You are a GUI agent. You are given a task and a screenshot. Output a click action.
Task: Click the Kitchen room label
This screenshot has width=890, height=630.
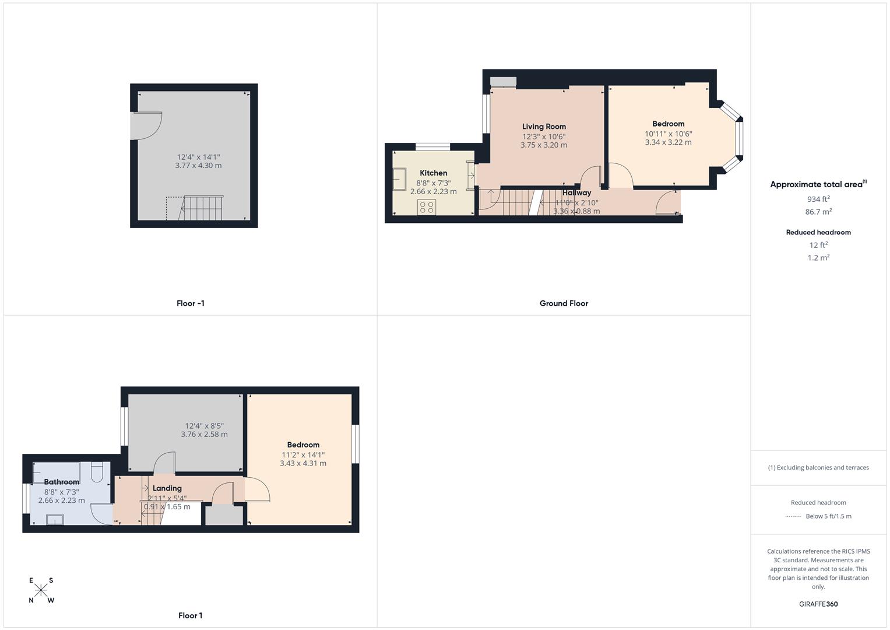point(433,173)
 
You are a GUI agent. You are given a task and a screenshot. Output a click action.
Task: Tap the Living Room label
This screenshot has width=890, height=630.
point(543,127)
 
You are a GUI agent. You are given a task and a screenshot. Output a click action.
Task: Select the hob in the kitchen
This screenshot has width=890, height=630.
point(426,206)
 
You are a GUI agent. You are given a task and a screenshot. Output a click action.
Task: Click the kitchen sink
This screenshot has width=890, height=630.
point(400,178)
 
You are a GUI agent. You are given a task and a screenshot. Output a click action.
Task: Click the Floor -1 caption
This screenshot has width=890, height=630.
point(190,303)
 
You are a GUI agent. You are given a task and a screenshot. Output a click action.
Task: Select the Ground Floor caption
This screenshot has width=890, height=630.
point(563,303)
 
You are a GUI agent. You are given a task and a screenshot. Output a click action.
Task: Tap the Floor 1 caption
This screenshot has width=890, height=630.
point(190,615)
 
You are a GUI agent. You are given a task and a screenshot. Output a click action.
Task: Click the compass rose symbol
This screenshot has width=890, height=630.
point(41,590)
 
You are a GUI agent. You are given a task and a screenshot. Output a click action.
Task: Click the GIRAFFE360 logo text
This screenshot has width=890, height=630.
point(818,604)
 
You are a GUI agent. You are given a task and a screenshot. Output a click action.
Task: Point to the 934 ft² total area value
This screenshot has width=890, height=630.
point(818,199)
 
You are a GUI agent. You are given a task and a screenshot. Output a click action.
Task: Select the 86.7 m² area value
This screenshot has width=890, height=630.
point(818,212)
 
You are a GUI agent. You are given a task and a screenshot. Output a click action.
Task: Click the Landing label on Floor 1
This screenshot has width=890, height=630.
point(167,488)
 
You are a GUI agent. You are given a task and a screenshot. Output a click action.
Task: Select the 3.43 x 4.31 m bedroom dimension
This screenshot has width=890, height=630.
point(302,463)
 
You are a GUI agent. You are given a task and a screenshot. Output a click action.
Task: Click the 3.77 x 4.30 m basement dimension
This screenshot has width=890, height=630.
point(198,166)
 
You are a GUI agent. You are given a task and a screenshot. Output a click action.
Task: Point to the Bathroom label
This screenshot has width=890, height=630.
point(61,482)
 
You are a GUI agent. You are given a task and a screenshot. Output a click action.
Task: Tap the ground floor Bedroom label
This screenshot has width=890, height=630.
point(668,124)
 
